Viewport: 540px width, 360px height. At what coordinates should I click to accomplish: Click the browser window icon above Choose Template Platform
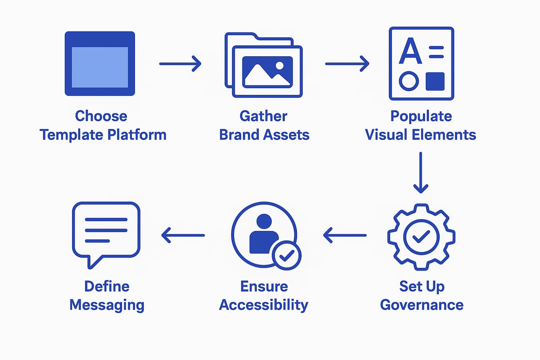click(100, 63)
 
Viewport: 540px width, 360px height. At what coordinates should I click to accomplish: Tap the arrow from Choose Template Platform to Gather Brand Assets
click(180, 63)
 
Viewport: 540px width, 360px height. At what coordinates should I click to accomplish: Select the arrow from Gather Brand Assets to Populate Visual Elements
click(347, 63)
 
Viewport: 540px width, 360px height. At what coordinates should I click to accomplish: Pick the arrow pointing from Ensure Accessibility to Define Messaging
click(183, 234)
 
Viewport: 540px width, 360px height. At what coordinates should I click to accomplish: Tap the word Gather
click(263, 116)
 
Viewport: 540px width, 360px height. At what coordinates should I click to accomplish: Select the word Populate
click(421, 116)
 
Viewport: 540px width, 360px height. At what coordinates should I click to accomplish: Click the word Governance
click(422, 305)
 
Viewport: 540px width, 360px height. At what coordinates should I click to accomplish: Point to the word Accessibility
click(263, 305)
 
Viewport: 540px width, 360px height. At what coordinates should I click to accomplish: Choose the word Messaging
click(107, 305)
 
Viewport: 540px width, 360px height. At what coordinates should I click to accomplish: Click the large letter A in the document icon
click(411, 52)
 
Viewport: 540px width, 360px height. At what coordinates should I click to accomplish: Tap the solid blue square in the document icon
click(435, 81)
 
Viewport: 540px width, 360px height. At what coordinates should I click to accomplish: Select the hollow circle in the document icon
click(409, 81)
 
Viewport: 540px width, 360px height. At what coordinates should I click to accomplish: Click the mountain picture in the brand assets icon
click(267, 72)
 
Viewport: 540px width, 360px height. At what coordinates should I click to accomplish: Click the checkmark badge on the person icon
click(287, 255)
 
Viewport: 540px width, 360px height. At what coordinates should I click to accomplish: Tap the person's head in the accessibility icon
click(263, 221)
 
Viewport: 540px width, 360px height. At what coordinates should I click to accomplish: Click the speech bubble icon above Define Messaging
click(106, 232)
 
